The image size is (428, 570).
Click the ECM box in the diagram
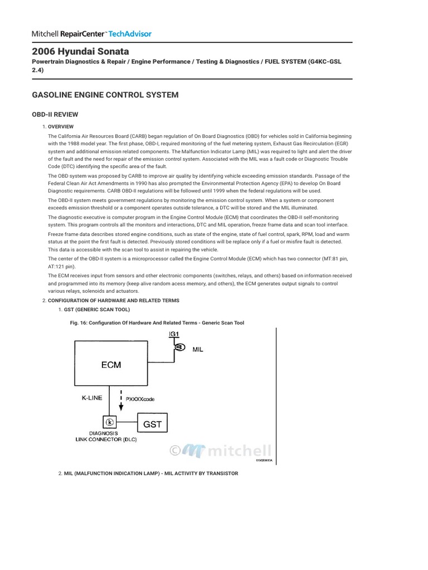[x=111, y=365]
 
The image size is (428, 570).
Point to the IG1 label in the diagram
[x=174, y=334]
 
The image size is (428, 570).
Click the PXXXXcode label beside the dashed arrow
[x=141, y=399]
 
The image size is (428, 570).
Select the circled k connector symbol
[x=110, y=421]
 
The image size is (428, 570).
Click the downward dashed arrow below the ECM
[x=121, y=401]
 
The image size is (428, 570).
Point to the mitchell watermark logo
[x=220, y=450]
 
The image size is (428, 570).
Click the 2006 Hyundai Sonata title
[x=80, y=51]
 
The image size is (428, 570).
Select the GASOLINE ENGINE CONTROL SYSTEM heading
[x=105, y=95]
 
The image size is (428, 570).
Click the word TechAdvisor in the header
[x=129, y=33]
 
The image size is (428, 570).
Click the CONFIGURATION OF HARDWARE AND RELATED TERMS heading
[x=113, y=301]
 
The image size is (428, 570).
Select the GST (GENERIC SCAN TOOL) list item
[x=96, y=309]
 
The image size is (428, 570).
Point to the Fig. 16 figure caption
[x=155, y=323]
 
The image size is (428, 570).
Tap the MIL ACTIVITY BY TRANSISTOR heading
[x=151, y=473]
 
